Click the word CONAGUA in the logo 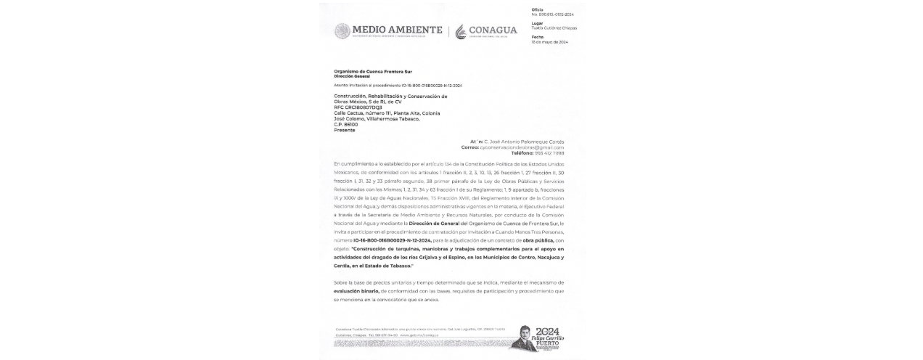pyautogui.click(x=493, y=30)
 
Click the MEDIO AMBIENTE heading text pyautogui.click(x=397, y=29)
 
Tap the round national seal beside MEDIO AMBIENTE pyautogui.click(x=342, y=31)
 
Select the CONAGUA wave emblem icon pyautogui.click(x=461, y=32)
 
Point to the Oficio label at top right pyautogui.click(x=537, y=9)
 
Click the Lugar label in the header pyautogui.click(x=537, y=23)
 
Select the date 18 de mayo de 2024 pyautogui.click(x=549, y=42)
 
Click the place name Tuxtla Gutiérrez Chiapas pyautogui.click(x=554, y=28)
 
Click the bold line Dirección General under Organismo pyautogui.click(x=352, y=76)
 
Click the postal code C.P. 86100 pyautogui.click(x=346, y=124)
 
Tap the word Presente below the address pyautogui.click(x=345, y=130)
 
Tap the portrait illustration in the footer pyautogui.click(x=524, y=339)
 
